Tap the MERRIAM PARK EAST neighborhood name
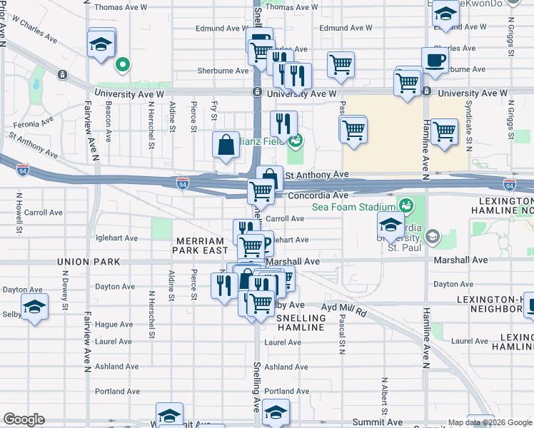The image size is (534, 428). [201, 245]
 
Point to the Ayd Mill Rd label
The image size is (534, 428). [343, 311]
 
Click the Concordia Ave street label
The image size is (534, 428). [318, 195]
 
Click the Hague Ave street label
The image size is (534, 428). [114, 324]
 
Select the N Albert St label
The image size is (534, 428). [384, 396]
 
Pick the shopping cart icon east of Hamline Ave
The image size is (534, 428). [444, 131]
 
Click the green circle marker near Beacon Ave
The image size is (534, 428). [123, 65]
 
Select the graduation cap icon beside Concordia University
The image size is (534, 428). [391, 225]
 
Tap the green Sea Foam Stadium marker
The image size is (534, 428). [406, 206]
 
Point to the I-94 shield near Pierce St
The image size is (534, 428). [183, 183]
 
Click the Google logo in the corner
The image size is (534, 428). [24, 419]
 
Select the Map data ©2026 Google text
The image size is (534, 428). [490, 422]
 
